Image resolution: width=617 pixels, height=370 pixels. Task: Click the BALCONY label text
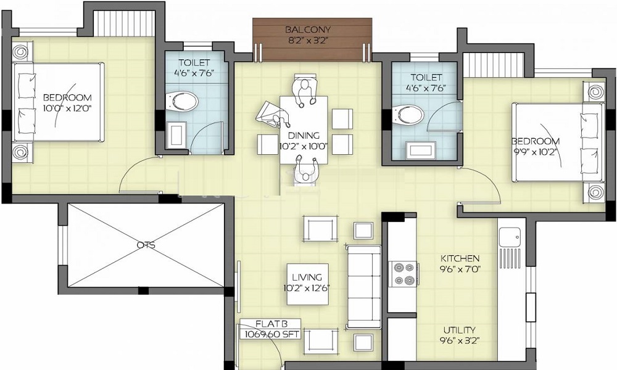[307, 30]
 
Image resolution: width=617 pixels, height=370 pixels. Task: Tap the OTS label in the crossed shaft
[146, 245]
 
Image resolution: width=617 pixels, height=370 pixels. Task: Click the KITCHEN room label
[460, 258]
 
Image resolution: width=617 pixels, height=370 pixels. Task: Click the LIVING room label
[307, 277]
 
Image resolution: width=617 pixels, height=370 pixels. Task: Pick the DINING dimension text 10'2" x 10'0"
[304, 147]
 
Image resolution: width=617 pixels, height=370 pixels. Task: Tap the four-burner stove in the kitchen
[403, 274]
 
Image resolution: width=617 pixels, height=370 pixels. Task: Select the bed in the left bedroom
[57, 102]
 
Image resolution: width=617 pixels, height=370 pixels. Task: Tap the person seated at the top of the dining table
[304, 88]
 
